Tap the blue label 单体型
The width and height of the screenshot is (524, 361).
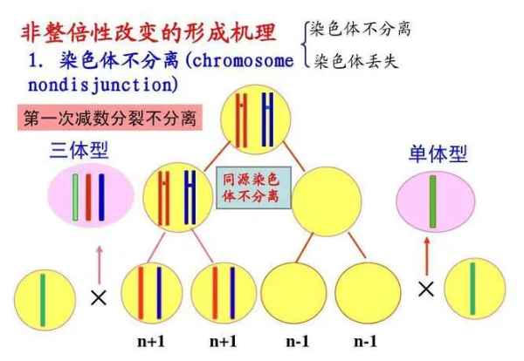438,153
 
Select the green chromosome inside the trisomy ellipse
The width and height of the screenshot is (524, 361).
76,198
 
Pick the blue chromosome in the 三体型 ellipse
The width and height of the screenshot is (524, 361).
100,198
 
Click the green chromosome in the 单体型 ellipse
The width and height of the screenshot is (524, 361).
431,201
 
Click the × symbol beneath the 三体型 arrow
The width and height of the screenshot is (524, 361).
98,297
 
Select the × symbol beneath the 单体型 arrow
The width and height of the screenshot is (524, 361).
425,289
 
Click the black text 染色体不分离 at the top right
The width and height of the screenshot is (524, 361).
362,30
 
